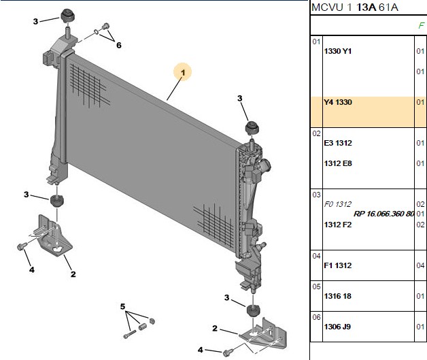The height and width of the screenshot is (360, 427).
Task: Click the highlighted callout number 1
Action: coord(183,73)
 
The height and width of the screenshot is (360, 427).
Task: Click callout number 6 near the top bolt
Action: coord(119,45)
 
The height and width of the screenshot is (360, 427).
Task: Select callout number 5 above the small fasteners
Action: coord(122,307)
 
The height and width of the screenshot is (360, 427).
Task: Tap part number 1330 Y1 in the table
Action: coord(338,51)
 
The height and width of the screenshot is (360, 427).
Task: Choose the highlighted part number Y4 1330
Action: coord(338,102)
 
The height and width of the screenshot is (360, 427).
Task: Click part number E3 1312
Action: coord(338,143)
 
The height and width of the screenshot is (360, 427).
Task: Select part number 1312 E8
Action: coord(338,163)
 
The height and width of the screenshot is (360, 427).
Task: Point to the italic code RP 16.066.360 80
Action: coord(383,214)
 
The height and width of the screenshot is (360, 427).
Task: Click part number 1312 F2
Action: coord(338,225)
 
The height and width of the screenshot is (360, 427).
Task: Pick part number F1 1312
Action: coord(338,265)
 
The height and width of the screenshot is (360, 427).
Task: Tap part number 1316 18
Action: coord(338,296)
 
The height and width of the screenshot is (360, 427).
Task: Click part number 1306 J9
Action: coord(338,327)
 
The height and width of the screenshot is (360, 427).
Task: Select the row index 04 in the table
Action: coord(316,256)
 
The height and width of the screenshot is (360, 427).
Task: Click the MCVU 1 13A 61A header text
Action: coord(354,7)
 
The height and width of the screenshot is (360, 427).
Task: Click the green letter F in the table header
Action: coord(421,26)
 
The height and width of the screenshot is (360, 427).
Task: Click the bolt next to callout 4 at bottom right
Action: coord(227,353)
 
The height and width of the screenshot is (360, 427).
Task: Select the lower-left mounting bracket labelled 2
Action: coord(55,235)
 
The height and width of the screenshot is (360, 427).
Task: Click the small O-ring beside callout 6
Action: coord(97,32)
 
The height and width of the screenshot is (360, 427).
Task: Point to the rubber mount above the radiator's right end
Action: coord(252,128)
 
